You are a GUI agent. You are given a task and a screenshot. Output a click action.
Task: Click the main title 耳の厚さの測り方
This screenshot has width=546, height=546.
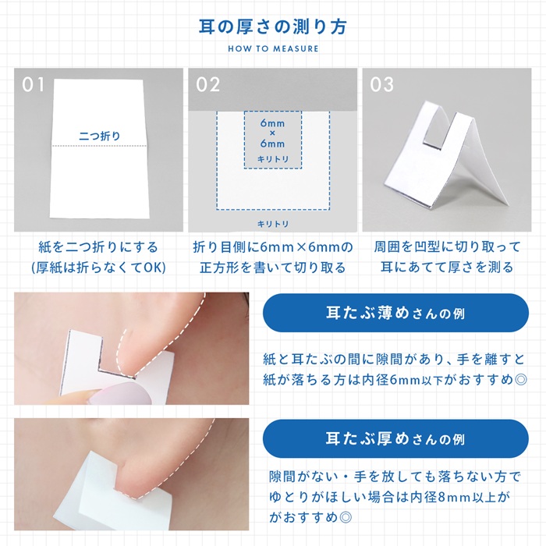(x=273, y=26)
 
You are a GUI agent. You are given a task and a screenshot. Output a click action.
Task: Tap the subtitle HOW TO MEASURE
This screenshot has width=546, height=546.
(x=273, y=48)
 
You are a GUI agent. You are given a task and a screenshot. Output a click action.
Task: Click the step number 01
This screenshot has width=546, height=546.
(x=34, y=84)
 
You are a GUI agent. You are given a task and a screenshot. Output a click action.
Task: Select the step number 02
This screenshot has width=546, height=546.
(x=208, y=84)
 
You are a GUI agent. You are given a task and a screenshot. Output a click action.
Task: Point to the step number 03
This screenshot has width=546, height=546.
(x=382, y=84)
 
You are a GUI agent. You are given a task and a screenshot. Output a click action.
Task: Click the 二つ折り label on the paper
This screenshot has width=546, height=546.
(x=100, y=136)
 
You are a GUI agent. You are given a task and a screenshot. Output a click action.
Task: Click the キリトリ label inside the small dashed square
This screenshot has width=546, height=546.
(x=272, y=159)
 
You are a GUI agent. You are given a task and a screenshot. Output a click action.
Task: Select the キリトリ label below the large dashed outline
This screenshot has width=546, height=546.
(x=272, y=224)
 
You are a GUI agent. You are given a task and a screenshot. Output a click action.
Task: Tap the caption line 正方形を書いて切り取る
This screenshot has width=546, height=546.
(x=272, y=268)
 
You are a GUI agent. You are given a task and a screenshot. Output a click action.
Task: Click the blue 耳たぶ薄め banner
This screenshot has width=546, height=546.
(x=395, y=313)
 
